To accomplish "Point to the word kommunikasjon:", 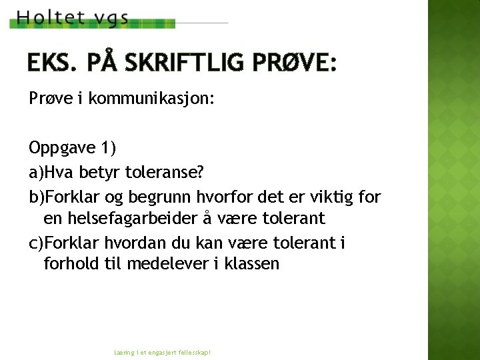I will point(151,99).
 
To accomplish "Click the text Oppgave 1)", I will point(72,147).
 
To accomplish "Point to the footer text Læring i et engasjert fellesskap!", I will point(163,351).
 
